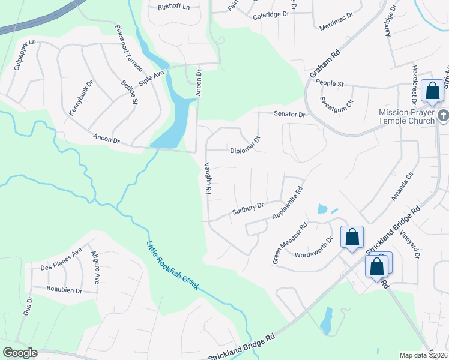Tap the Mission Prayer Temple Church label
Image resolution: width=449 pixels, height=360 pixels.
click(406, 117)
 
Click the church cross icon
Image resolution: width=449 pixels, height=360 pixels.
click(443, 115)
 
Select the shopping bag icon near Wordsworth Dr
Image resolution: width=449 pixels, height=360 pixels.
click(352, 236)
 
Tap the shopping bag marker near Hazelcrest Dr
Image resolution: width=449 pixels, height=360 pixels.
click(432, 91)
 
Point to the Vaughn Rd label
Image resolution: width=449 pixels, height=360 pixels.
click(208, 179)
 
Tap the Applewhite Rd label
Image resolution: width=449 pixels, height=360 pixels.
click(288, 203)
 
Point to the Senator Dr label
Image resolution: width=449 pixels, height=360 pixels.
click(290, 114)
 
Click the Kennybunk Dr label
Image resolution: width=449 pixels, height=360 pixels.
click(80, 98)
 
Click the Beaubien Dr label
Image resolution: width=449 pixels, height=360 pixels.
click(64, 289)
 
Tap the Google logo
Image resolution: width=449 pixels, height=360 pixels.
click(20, 353)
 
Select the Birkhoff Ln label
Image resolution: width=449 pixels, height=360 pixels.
click(173, 6)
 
